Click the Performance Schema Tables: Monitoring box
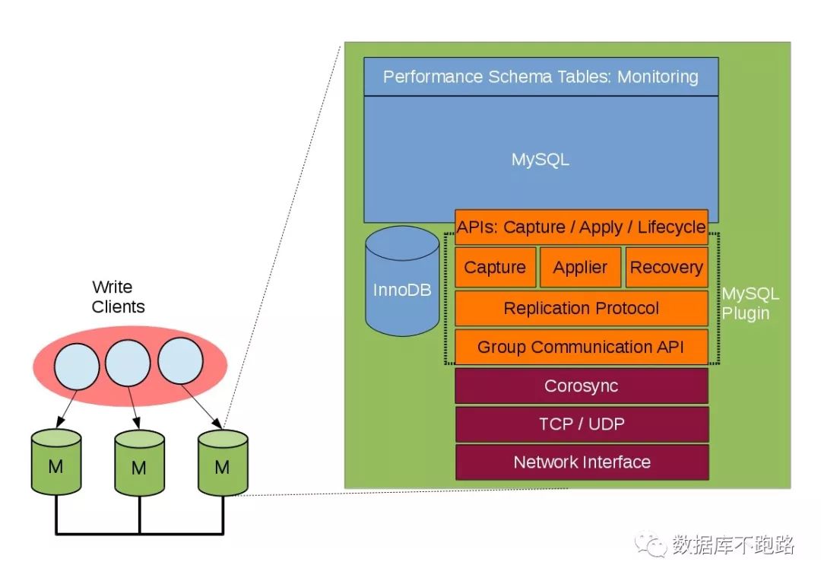point(540,77)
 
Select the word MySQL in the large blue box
point(540,160)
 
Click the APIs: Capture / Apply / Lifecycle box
point(582,227)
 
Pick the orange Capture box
point(495,268)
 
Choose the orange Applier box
point(580,268)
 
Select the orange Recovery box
point(666,268)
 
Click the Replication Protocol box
point(582,308)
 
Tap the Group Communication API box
point(582,348)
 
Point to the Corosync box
point(582,386)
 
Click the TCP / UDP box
point(582,424)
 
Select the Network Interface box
point(582,462)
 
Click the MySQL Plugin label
point(750,303)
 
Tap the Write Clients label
point(118,297)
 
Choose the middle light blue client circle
point(128,363)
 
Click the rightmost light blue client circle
point(180,360)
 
